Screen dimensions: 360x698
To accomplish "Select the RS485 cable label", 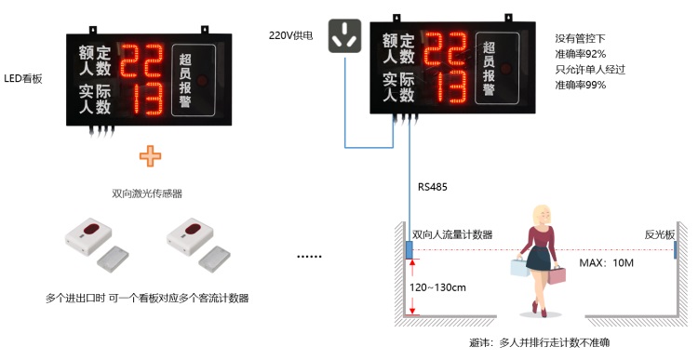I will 433,187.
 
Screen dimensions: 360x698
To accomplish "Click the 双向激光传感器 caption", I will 147,193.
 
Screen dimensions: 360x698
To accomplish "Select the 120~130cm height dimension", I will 438,287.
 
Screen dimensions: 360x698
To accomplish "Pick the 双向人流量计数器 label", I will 452,234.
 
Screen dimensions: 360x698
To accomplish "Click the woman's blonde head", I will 542,218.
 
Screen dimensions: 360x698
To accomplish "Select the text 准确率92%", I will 581,53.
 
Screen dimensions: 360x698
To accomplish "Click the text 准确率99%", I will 581,85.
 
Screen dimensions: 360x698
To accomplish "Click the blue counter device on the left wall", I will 409,251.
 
